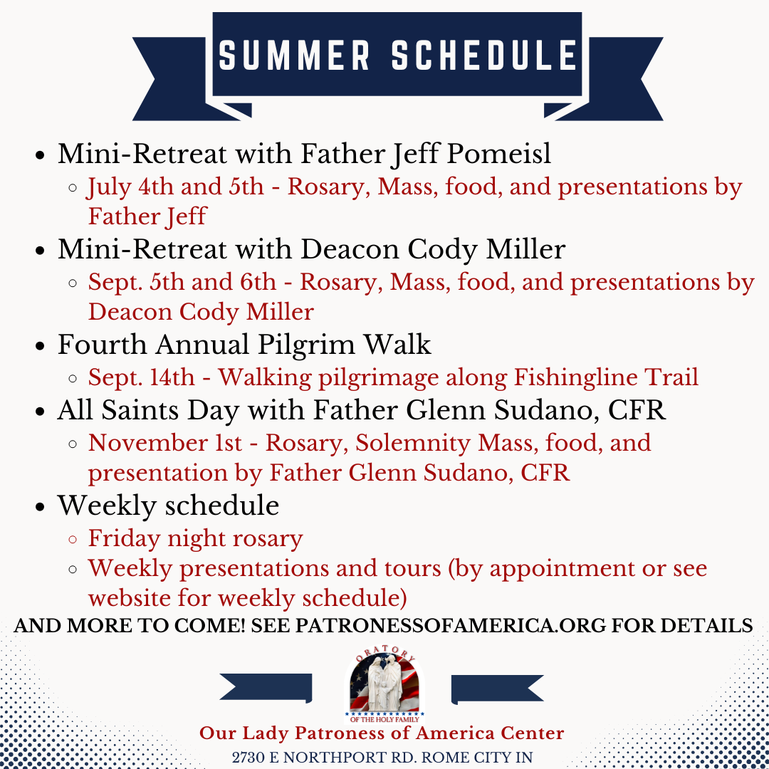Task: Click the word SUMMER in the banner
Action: [294, 55]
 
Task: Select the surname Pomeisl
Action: [498, 154]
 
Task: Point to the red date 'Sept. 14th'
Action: [141, 377]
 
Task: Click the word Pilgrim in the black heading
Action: [306, 345]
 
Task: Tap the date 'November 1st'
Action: [164, 443]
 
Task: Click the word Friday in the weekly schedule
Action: [125, 538]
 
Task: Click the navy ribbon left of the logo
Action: [266, 688]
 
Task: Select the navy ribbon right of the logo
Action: [497, 689]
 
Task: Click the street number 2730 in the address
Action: [249, 758]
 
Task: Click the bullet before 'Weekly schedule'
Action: [40, 507]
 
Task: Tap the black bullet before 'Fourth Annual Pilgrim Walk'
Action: [40, 346]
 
